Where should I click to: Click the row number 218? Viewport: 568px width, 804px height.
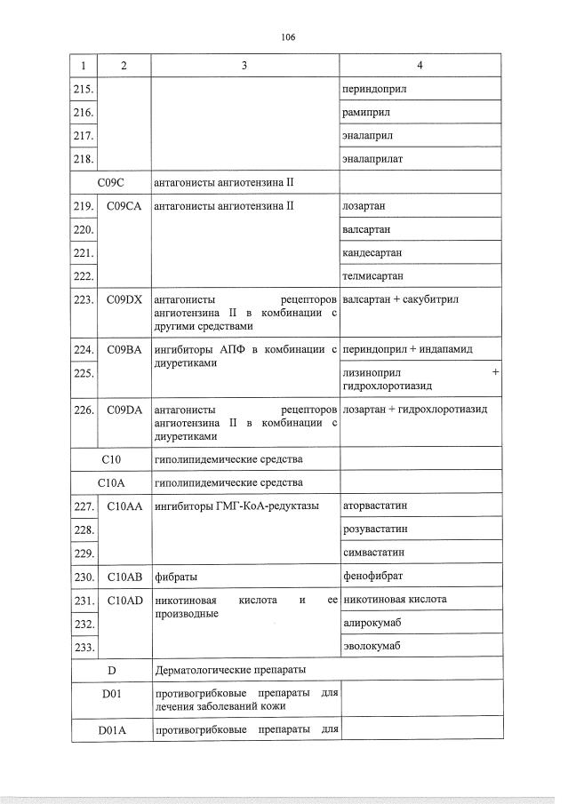84,160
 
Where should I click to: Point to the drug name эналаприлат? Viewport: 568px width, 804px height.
372,160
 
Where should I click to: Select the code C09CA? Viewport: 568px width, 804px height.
124,206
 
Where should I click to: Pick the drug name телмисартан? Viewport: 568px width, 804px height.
372,275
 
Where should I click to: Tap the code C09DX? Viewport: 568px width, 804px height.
124,299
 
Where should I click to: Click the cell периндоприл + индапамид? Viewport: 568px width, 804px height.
406,350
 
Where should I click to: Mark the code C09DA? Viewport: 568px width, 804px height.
124,410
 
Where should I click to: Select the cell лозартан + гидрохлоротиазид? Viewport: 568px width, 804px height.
413,410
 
